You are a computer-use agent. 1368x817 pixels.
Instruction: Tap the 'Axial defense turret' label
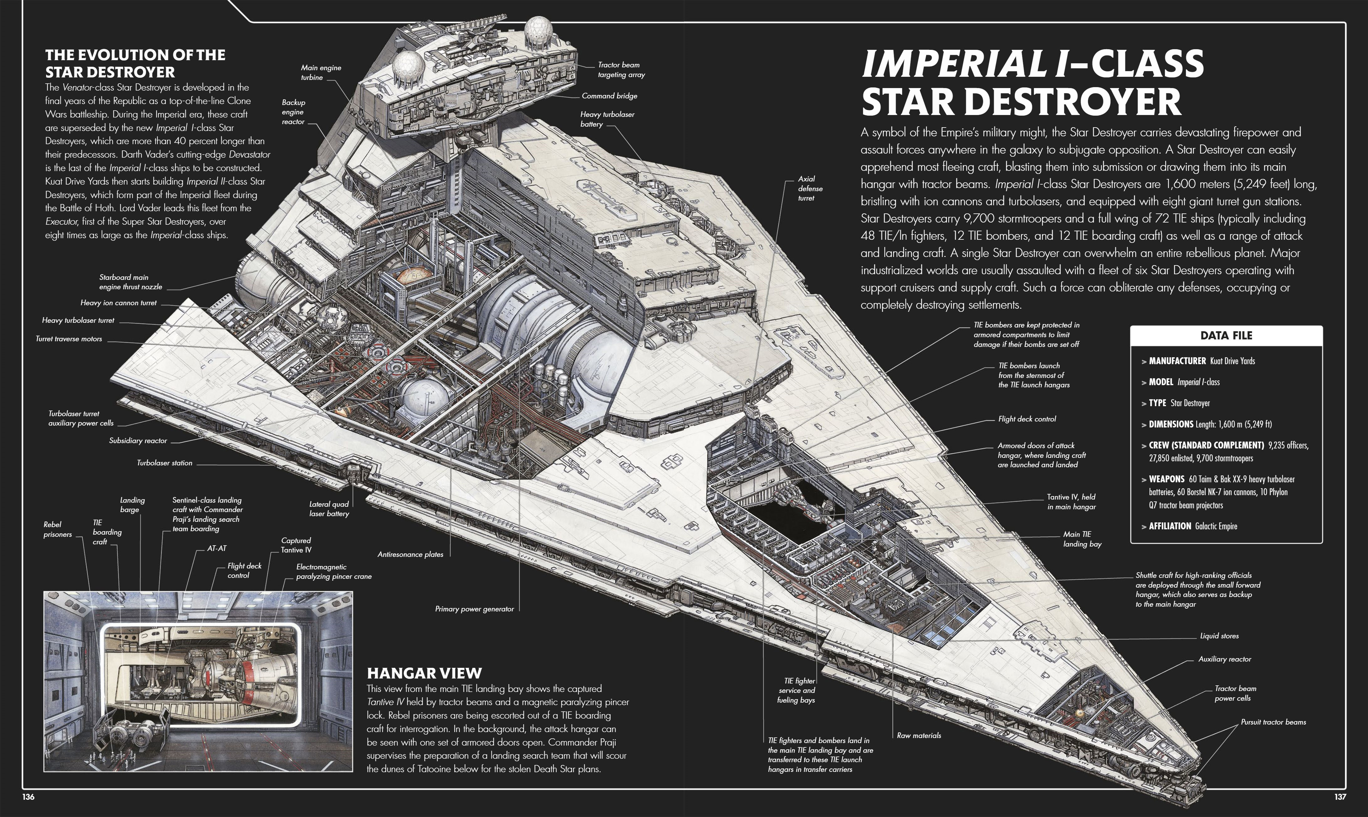click(x=810, y=188)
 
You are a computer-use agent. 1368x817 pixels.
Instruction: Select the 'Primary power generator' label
click(x=474, y=609)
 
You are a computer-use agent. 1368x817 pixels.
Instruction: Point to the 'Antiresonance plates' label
click(x=410, y=554)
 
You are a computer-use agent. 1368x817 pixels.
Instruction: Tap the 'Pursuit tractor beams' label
click(x=1273, y=722)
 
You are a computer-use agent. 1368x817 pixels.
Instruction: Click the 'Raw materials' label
click(x=918, y=736)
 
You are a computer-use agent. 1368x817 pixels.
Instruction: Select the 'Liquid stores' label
click(x=1219, y=636)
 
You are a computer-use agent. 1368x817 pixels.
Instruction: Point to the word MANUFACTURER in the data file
click(x=1177, y=361)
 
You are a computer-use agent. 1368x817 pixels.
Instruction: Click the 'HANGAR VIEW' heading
click(x=424, y=673)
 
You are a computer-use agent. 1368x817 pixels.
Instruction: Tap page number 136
click(x=28, y=797)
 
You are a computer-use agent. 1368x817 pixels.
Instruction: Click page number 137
click(x=1340, y=797)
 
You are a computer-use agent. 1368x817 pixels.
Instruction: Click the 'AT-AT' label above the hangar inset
click(x=216, y=548)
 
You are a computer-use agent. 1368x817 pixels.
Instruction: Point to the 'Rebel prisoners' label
click(x=57, y=529)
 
